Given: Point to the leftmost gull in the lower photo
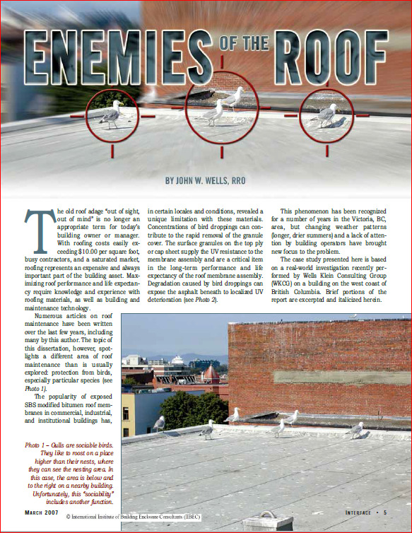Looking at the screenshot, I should coord(160,422).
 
